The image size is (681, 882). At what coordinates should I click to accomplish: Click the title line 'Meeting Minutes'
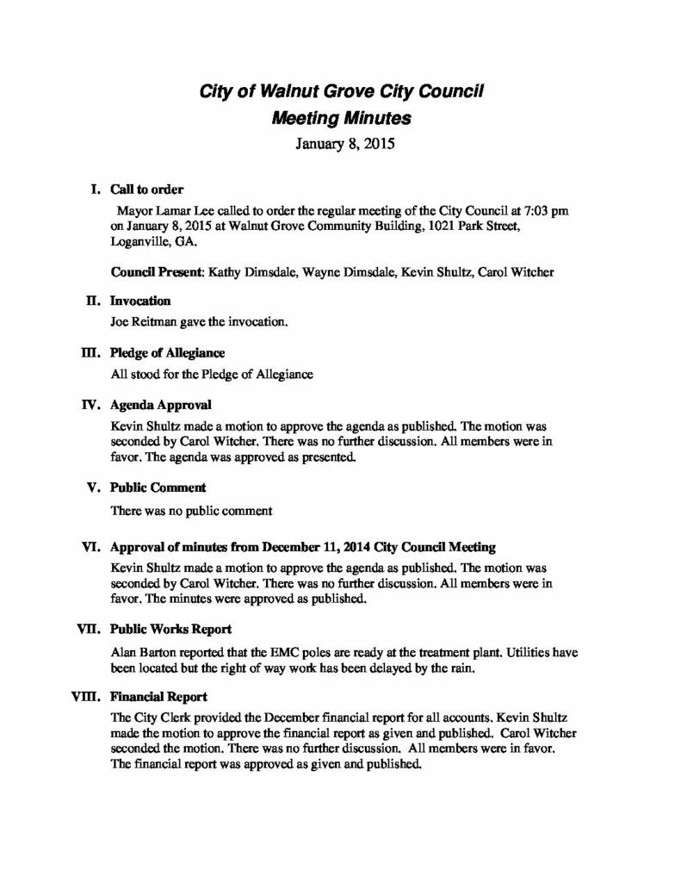pos(340,119)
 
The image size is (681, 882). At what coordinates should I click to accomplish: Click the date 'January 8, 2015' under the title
pos(340,145)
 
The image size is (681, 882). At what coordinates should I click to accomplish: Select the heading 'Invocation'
pos(141,301)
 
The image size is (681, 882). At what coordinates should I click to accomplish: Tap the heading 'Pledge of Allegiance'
pos(168,352)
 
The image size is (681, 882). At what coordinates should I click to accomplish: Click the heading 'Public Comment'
pos(158,488)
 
